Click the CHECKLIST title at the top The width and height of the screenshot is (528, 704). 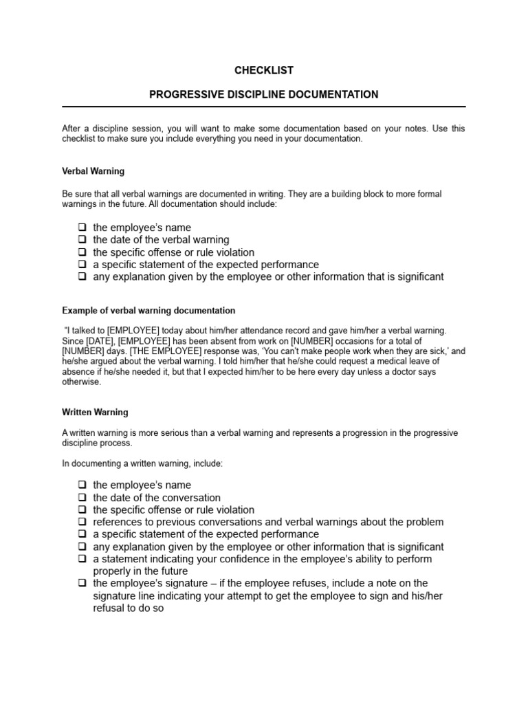click(x=264, y=70)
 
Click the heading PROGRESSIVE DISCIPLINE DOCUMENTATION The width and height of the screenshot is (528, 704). click(x=264, y=94)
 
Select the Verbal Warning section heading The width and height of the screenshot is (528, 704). click(x=93, y=170)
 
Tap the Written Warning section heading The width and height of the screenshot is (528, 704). click(x=95, y=412)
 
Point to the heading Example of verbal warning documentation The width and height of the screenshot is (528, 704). click(x=148, y=311)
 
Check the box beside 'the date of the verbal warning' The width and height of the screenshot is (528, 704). click(x=82, y=240)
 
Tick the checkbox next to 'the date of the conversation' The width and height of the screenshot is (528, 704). click(x=82, y=498)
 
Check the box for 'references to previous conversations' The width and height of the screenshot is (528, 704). click(x=82, y=522)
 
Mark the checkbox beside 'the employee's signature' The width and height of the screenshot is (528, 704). click(x=82, y=584)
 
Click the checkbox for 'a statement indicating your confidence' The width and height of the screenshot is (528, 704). click(x=82, y=559)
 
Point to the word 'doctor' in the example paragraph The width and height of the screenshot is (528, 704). click(x=401, y=372)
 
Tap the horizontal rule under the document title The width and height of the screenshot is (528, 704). click(x=264, y=107)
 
